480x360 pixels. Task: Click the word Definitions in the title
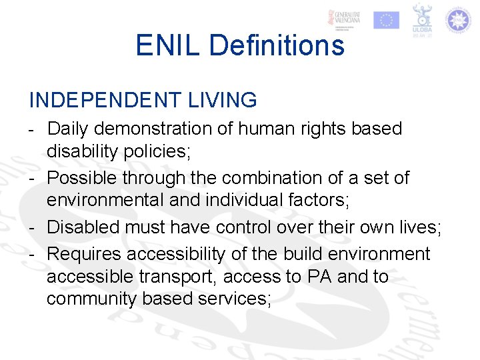(x=277, y=45)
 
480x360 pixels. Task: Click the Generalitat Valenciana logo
(x=346, y=20)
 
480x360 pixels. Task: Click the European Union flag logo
(x=386, y=20)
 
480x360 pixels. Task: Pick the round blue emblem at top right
(x=458, y=20)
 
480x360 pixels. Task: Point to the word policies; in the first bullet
(x=156, y=151)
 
